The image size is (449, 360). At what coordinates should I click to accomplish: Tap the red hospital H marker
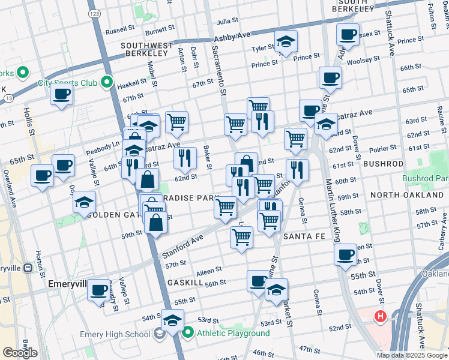tap(381, 316)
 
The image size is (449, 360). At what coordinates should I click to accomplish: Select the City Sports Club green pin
tap(107, 82)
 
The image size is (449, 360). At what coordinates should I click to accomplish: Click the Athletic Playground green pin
tap(188, 333)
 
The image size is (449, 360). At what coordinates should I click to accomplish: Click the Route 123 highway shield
tap(94, 13)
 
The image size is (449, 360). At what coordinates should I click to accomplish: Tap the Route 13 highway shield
tap(7, 98)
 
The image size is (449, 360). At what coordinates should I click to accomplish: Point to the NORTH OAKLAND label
tap(402, 195)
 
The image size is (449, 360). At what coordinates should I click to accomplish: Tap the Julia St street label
tap(228, 20)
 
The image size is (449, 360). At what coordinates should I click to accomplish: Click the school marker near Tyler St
tap(286, 42)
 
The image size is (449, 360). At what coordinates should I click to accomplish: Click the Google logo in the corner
tap(20, 353)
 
